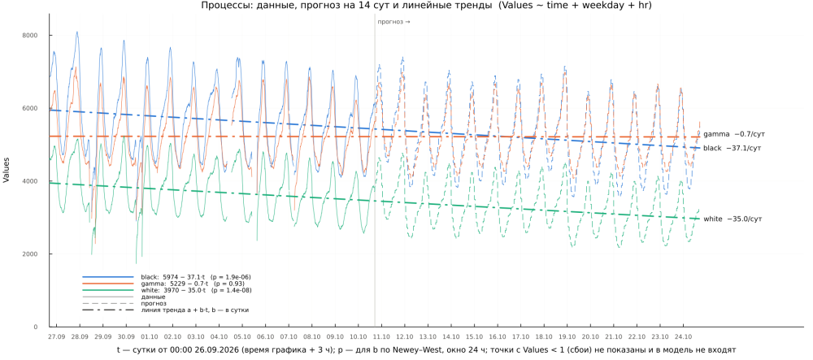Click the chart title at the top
click(x=426, y=6)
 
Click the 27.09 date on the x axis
click(x=57, y=336)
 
